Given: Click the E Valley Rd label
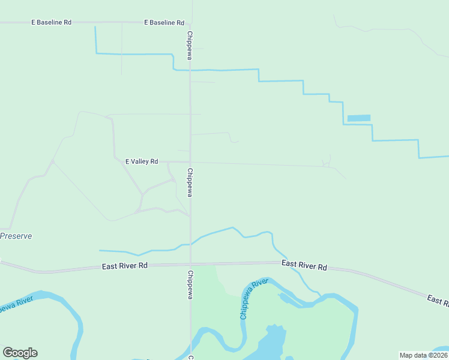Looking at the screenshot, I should pos(141,161).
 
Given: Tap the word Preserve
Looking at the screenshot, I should pos(16,236).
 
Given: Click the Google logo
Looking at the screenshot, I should pos(20,353).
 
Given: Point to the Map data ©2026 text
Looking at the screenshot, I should pos(423,355).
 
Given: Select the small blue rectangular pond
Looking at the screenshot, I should pos(359,118).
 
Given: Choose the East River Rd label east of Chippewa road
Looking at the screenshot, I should pos(304,265).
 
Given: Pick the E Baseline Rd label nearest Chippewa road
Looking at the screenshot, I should pos(164,22).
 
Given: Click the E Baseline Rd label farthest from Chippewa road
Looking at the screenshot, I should pos(51,22).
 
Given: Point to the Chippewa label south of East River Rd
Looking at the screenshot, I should pos(190,284).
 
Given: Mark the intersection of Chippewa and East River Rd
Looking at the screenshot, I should pos(190,263).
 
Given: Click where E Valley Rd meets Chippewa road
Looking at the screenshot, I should pos(190,162).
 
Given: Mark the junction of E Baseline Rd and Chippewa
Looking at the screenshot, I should pos(191,23).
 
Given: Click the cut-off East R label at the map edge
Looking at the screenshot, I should pos(438,300).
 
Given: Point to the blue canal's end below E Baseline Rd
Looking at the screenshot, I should pos(95,28).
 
